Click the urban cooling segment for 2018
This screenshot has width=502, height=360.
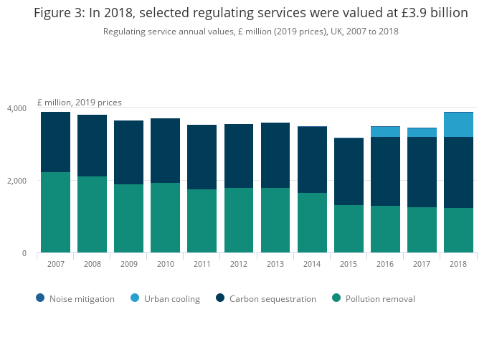pyautogui.click(x=458, y=125)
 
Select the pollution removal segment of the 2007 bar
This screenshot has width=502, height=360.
pyautogui.click(x=55, y=212)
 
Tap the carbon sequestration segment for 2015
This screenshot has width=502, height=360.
pyautogui.click(x=349, y=171)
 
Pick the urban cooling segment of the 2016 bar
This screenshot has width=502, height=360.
pyautogui.click(x=385, y=132)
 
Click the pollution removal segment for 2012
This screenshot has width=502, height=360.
pyautogui.click(x=239, y=220)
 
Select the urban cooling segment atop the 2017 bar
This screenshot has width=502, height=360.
pyautogui.click(x=422, y=133)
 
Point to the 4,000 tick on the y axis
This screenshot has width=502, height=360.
pyautogui.click(x=17, y=108)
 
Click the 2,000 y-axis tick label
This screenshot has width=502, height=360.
pyautogui.click(x=17, y=181)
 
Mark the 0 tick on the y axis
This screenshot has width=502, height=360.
pyautogui.click(x=24, y=253)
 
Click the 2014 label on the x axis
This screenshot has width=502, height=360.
pyautogui.click(x=312, y=264)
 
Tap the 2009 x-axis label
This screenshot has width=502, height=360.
pyautogui.click(x=128, y=264)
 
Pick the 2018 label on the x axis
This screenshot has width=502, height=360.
pyautogui.click(x=458, y=264)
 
